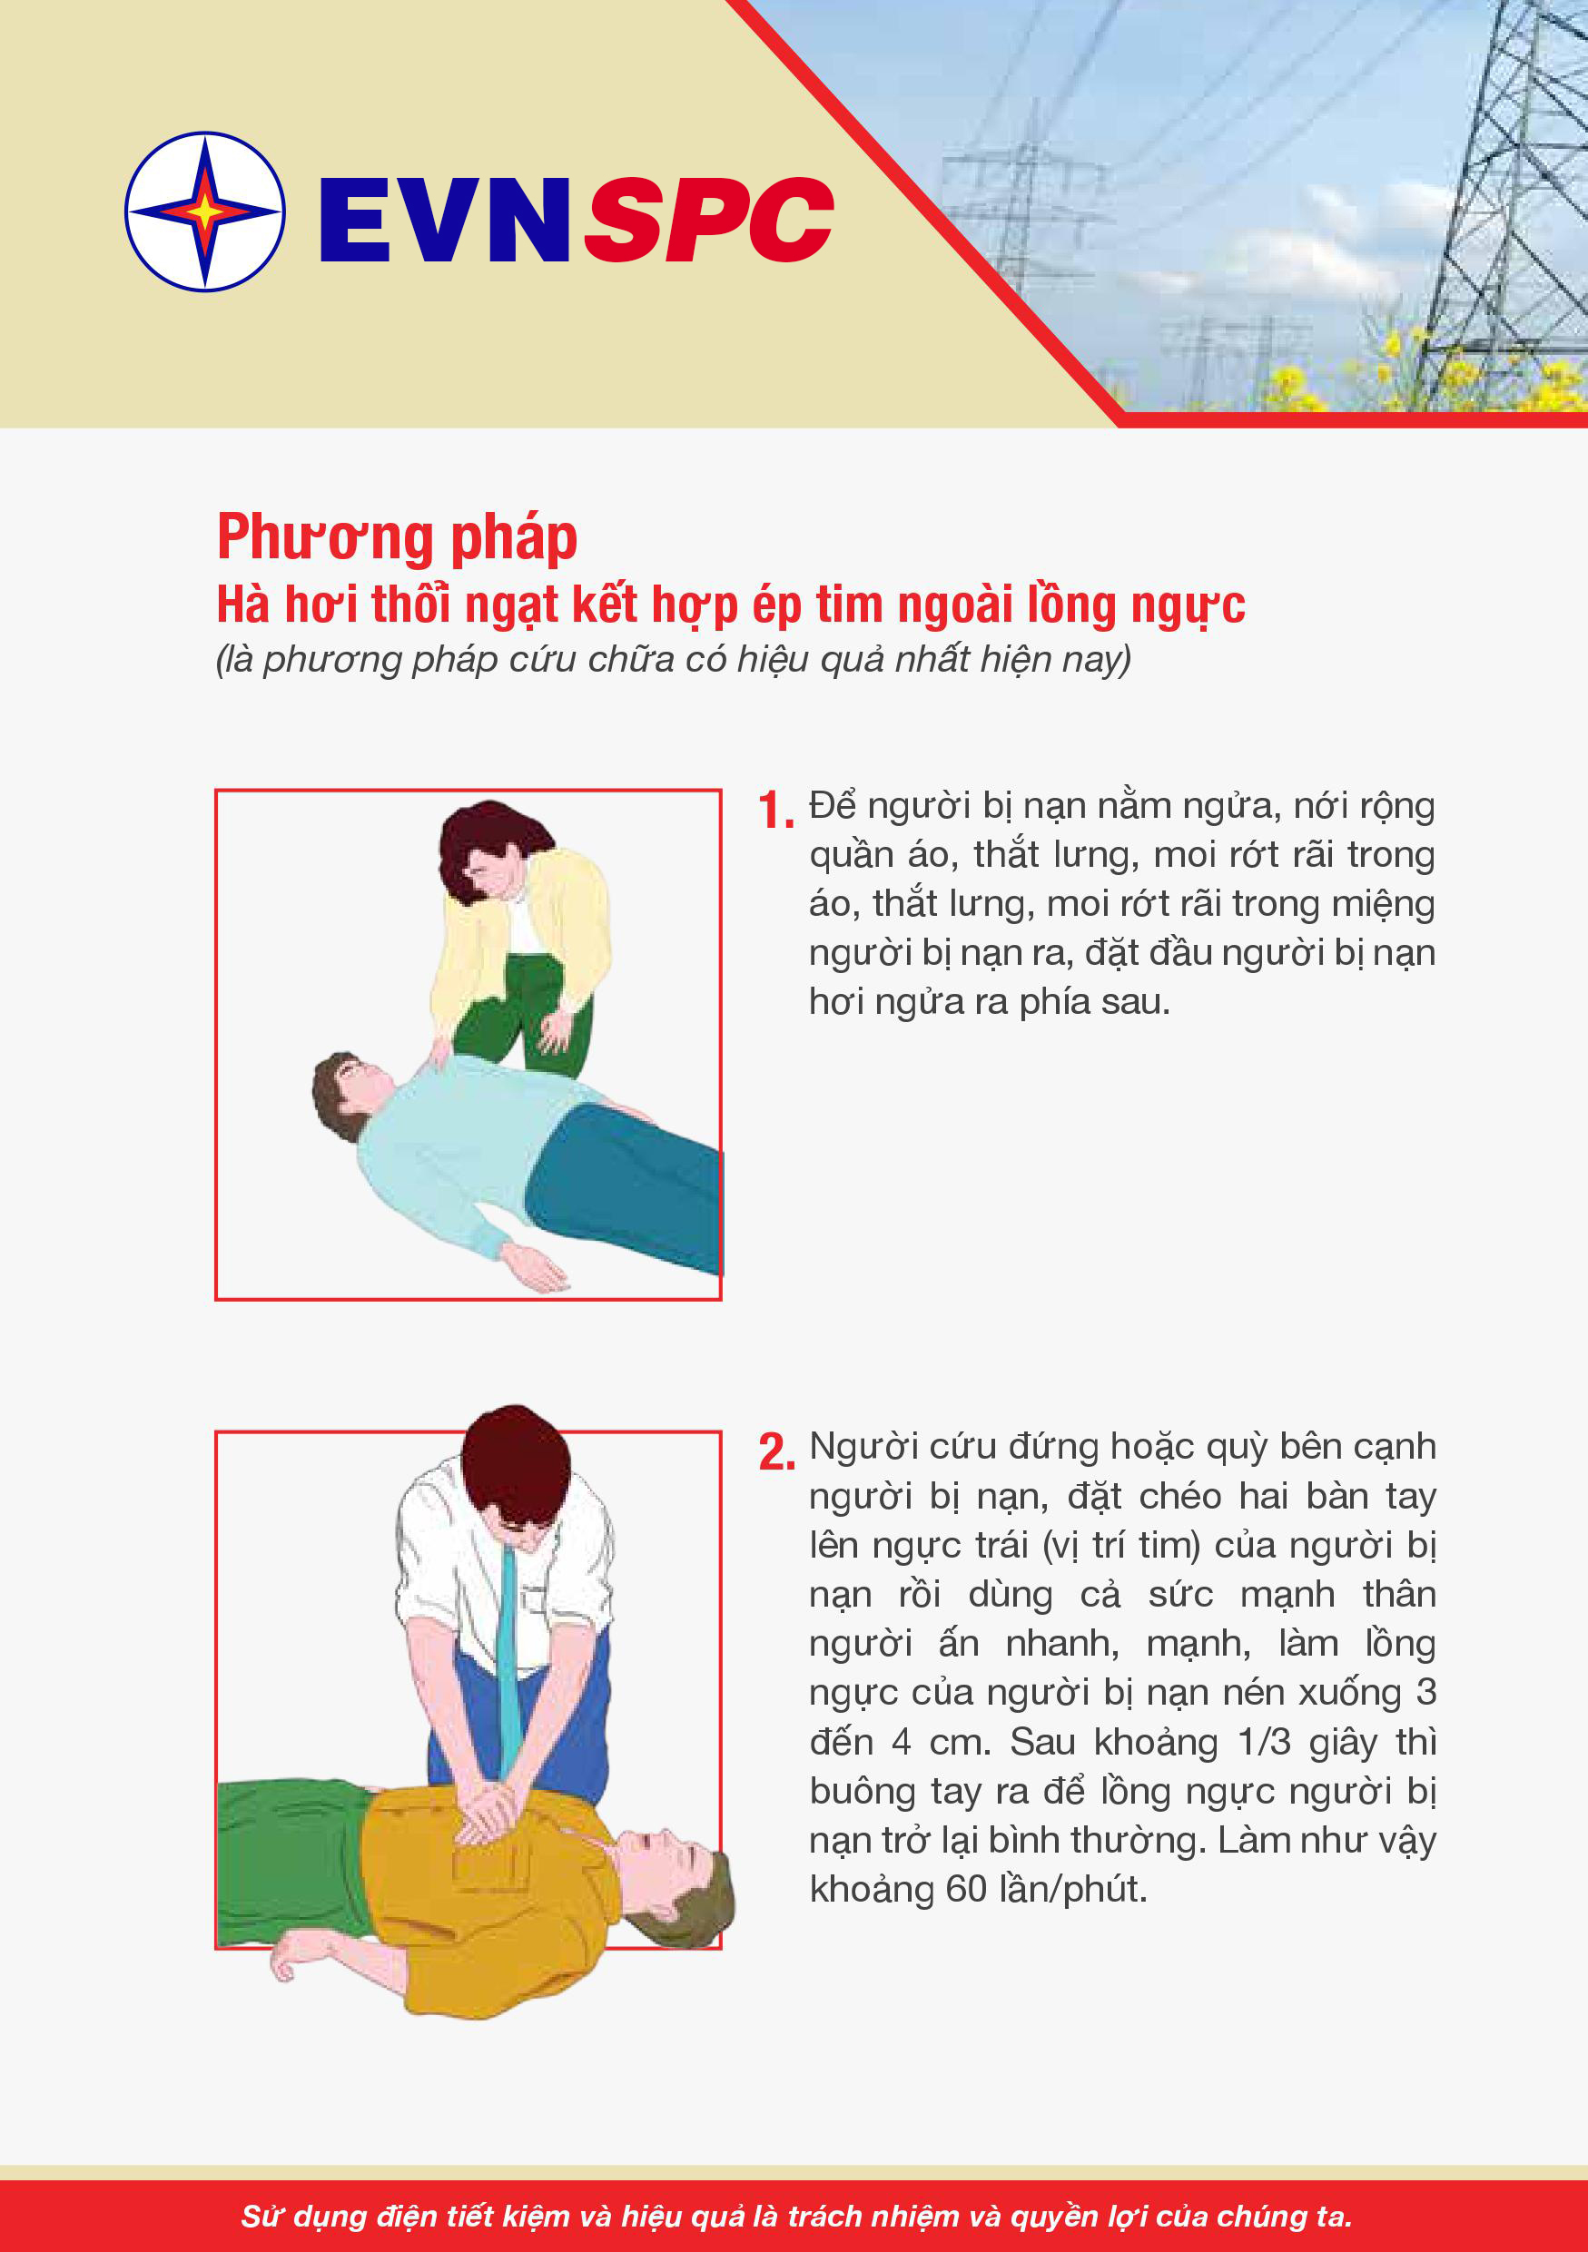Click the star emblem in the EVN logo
click(205, 211)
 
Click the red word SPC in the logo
click(709, 220)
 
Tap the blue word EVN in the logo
click(444, 220)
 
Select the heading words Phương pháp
click(398, 538)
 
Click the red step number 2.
click(776, 1452)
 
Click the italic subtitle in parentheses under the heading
click(674, 659)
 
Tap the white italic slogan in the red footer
click(796, 2216)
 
